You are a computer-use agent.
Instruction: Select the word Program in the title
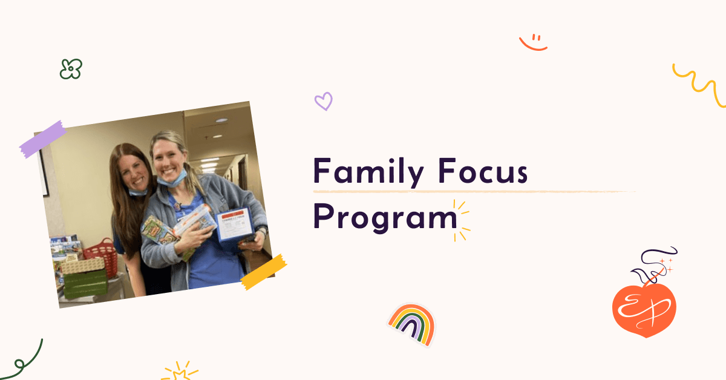point(385,217)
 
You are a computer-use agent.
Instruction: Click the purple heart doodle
point(324,101)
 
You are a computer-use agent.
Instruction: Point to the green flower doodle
point(71,69)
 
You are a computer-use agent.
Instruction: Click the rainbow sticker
point(412,324)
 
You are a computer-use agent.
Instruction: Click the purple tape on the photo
point(42,139)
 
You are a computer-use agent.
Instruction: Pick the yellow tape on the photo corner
point(264,272)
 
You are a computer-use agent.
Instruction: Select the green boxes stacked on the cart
point(85,281)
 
